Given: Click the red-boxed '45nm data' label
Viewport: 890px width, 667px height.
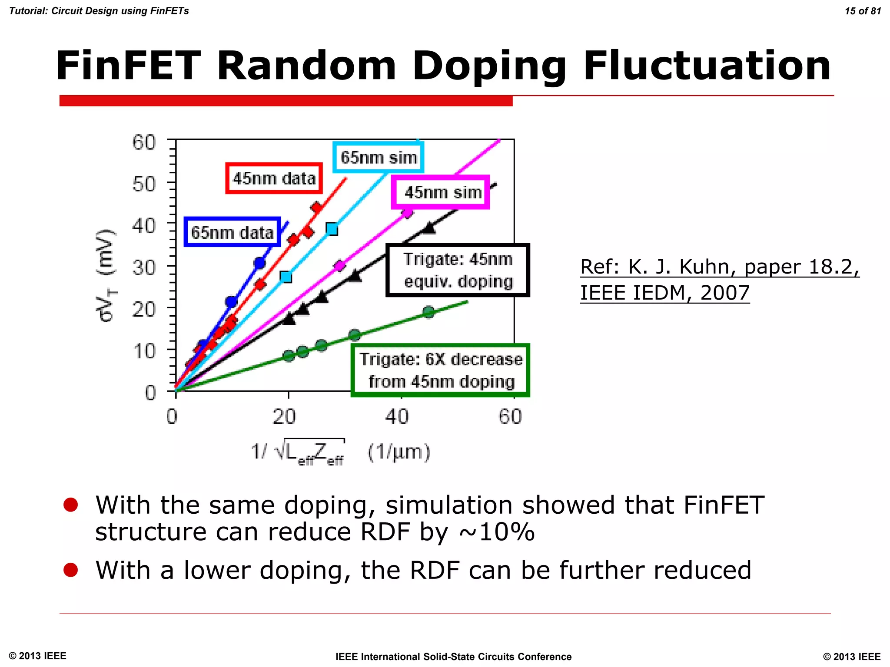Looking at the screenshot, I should [x=274, y=178].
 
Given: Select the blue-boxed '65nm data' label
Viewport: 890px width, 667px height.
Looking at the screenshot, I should [x=232, y=232].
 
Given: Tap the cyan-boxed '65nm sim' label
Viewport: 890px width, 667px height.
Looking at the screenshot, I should [x=379, y=157].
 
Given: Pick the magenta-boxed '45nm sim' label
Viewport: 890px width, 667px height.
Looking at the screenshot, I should [x=441, y=192].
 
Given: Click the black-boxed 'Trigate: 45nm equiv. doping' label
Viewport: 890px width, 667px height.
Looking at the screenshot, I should [x=458, y=270].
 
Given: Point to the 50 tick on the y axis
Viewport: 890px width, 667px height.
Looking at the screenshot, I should [x=144, y=184].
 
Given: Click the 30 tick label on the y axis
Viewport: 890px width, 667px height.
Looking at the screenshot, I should [x=144, y=267].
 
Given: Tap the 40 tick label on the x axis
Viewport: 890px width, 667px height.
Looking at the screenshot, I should [x=397, y=416].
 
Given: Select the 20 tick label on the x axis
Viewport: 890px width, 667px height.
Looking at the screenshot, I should [x=284, y=416].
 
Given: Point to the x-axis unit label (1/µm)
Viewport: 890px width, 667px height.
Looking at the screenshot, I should [x=399, y=452].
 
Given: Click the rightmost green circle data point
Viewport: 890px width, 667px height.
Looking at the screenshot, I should [x=429, y=312].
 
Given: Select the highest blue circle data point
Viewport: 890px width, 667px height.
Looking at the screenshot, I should [x=260, y=263].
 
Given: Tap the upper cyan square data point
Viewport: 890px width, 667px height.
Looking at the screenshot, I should [x=332, y=229].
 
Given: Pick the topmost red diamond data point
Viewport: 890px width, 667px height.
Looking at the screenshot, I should [x=316, y=207].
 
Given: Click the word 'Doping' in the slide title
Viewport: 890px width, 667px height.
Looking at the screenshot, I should [x=489, y=66].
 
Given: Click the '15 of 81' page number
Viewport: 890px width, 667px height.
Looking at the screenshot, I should [x=863, y=11].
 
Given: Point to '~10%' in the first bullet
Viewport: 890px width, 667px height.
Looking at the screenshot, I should [x=497, y=532].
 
